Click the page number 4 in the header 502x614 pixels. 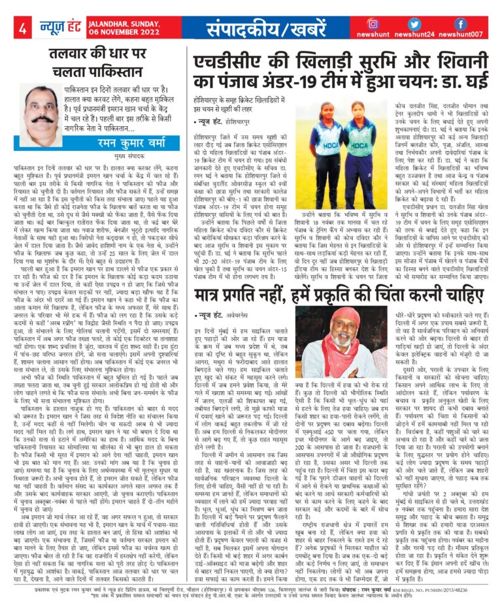(23, 29)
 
